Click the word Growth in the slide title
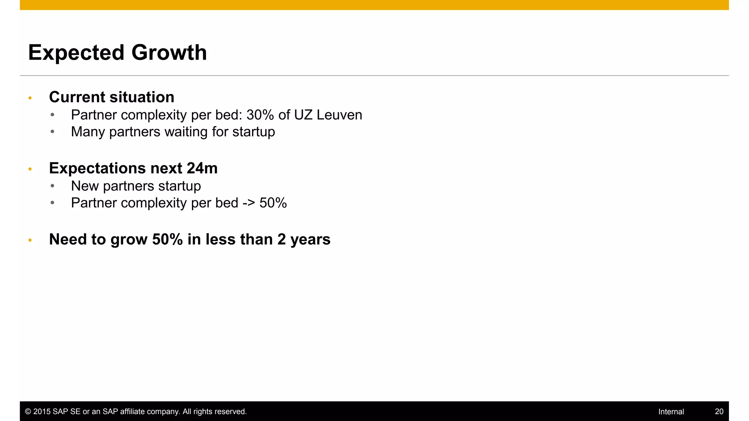coord(169,53)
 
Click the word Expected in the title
coord(76,53)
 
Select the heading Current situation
coord(112,97)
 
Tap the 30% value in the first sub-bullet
coord(260,115)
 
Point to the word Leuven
coord(339,115)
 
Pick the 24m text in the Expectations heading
coord(202,168)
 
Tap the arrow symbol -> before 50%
coord(249,203)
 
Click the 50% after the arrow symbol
coord(273,203)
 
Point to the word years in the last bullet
coord(310,240)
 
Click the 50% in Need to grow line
coord(167,240)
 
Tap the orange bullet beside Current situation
coord(30,98)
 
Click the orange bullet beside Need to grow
coord(30,240)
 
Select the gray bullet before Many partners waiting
coord(53,132)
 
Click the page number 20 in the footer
coord(719,411)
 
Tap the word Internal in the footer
coord(671,411)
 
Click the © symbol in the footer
coord(28,411)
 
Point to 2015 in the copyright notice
coord(42,411)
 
